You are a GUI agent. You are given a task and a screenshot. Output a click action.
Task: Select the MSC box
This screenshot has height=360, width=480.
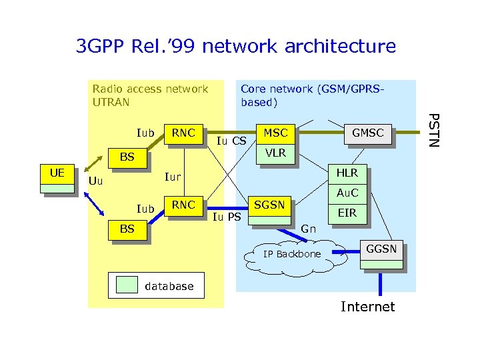coord(275,133)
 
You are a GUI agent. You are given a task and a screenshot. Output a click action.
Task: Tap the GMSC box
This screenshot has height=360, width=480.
coord(367,133)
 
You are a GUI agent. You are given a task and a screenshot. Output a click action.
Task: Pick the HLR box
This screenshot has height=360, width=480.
coord(347,173)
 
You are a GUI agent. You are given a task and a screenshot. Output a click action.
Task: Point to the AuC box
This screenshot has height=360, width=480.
coord(347,193)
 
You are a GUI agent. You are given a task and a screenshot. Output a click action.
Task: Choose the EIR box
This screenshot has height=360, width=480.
coord(347,213)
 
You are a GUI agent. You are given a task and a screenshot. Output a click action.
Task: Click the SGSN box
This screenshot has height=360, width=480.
coord(270,205)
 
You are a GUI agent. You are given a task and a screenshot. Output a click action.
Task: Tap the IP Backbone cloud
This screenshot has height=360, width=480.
coord(291,255)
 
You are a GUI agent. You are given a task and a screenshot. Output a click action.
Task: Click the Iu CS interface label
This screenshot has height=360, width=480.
coord(232,141)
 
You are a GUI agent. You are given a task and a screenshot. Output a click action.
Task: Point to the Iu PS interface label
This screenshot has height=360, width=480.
coord(227,217)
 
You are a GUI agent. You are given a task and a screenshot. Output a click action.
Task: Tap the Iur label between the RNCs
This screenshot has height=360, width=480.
coord(173,177)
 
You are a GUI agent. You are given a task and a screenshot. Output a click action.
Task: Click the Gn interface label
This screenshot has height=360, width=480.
coord(308,229)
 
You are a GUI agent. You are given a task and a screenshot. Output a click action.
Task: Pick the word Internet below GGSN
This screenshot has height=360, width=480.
coord(367,307)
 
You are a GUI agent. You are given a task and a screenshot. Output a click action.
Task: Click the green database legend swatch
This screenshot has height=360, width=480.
coord(127,285)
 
